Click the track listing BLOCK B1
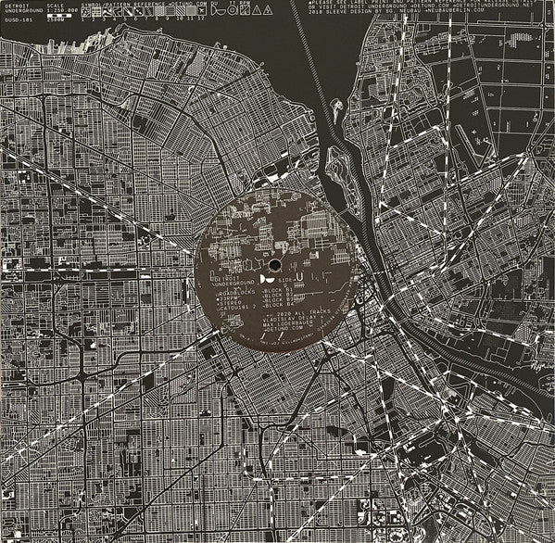click(278, 289)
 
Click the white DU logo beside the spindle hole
click(264, 277)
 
